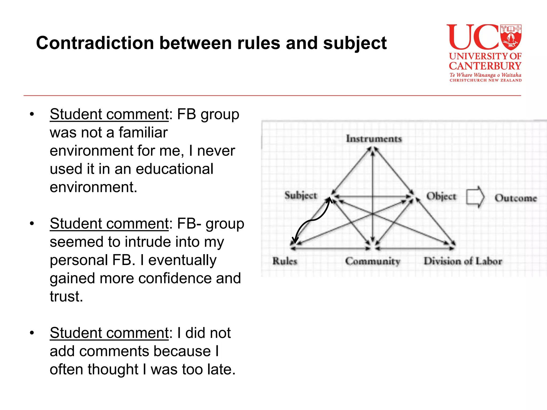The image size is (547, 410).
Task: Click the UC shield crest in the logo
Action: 511,37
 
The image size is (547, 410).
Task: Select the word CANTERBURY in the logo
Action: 485,66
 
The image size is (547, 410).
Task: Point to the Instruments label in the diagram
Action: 374,139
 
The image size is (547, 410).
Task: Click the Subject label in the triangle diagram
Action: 301,195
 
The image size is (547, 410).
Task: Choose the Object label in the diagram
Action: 441,196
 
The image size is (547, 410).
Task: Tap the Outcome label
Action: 515,198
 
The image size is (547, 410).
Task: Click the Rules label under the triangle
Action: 285,261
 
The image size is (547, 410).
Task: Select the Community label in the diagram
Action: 373,261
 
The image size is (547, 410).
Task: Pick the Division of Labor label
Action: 463,261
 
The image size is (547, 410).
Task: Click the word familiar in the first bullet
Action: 143,133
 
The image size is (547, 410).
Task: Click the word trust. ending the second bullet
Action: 66,297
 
